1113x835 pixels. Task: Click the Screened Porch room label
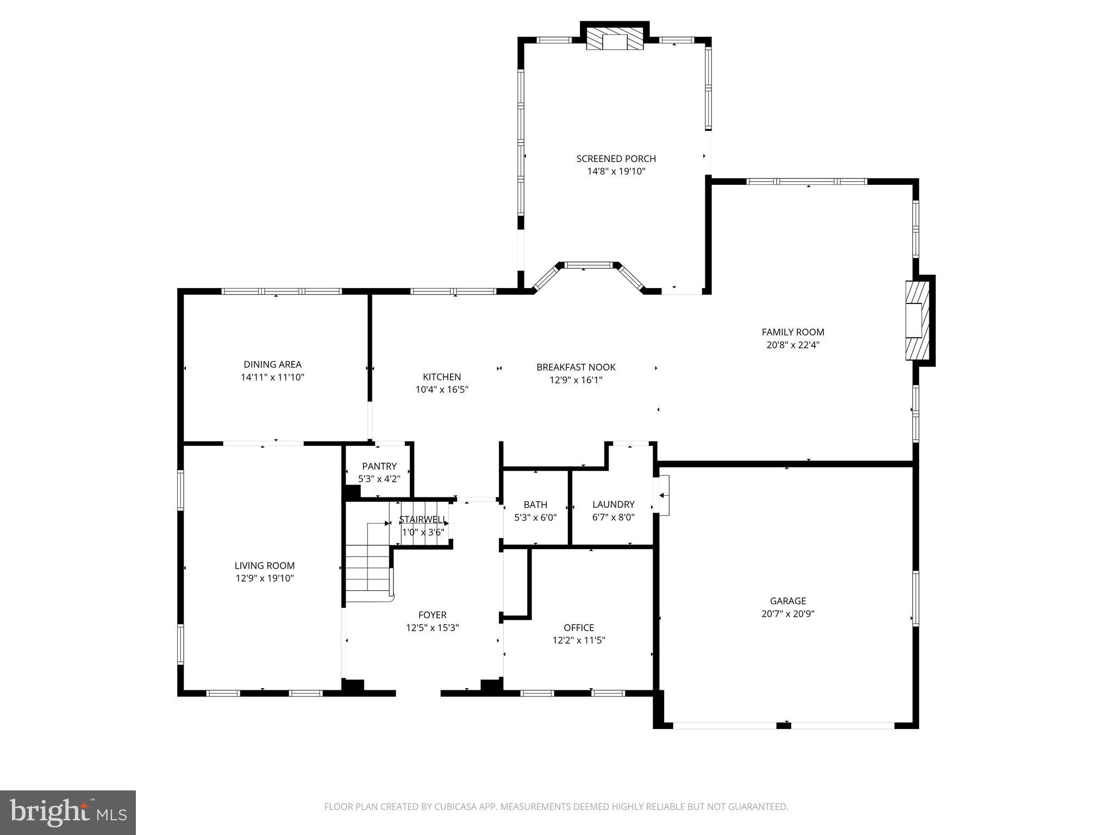616,159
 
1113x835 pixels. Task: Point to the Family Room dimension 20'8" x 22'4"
793,345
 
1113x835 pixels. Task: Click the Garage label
787,601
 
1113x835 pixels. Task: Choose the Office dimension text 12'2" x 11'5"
579,640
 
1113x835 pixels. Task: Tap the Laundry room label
613,504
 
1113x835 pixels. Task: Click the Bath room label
535,504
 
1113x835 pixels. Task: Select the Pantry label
379,466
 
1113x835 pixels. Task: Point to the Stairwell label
423,519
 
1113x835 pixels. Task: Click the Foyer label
432,615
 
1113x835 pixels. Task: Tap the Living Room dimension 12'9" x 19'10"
265,578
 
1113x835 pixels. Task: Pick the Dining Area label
272,364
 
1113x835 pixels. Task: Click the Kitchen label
442,377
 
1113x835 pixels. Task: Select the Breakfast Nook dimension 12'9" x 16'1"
576,380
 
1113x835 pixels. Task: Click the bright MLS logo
68,812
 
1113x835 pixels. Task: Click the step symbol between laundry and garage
662,495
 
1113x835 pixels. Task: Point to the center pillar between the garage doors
783,725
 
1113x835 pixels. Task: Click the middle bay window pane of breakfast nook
589,265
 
